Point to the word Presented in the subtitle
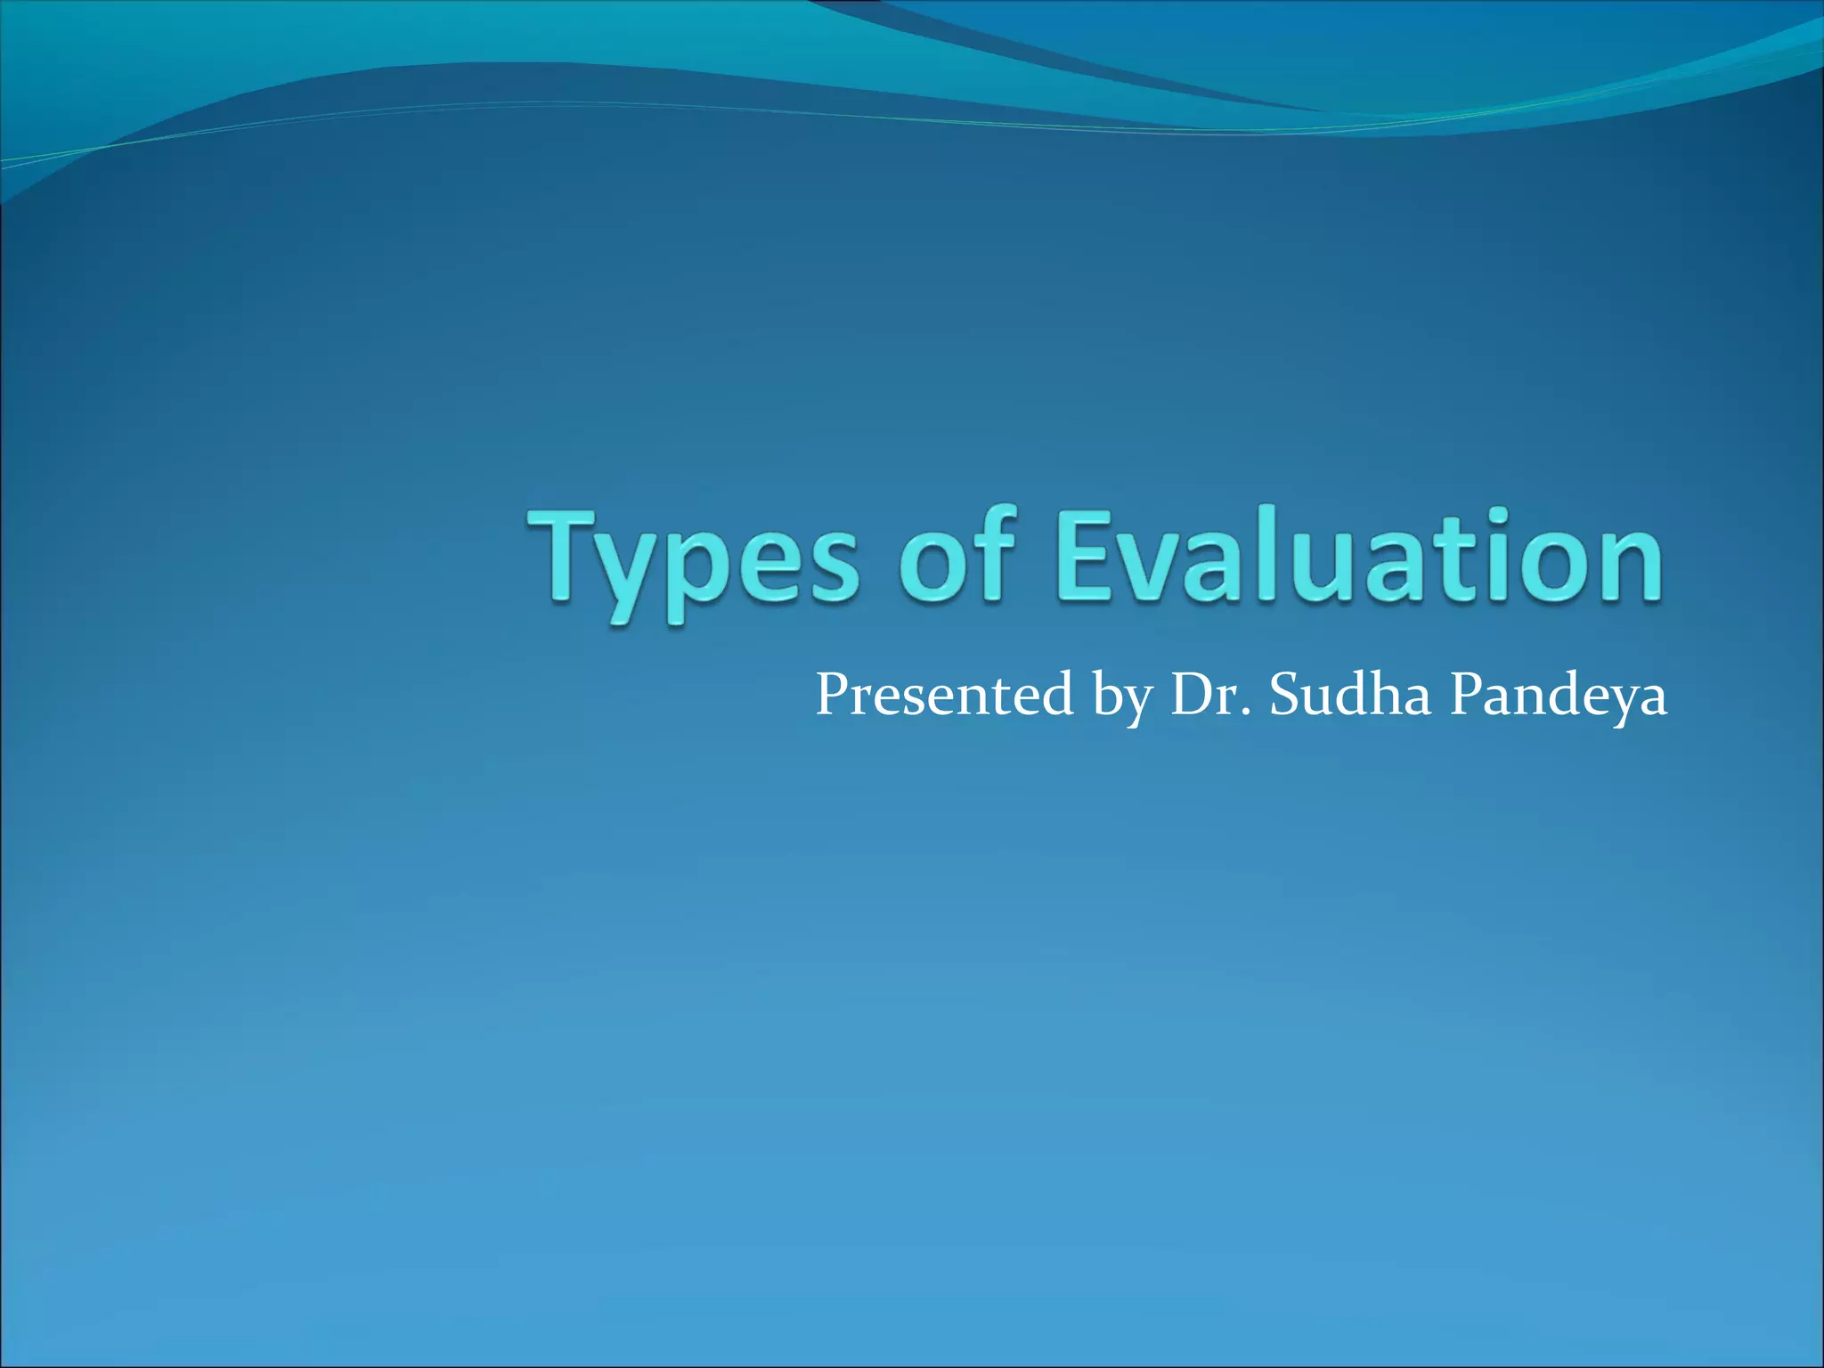pos(944,694)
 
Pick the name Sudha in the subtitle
pos(1350,694)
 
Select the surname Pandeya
pos(1559,696)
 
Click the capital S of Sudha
pos(1286,695)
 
